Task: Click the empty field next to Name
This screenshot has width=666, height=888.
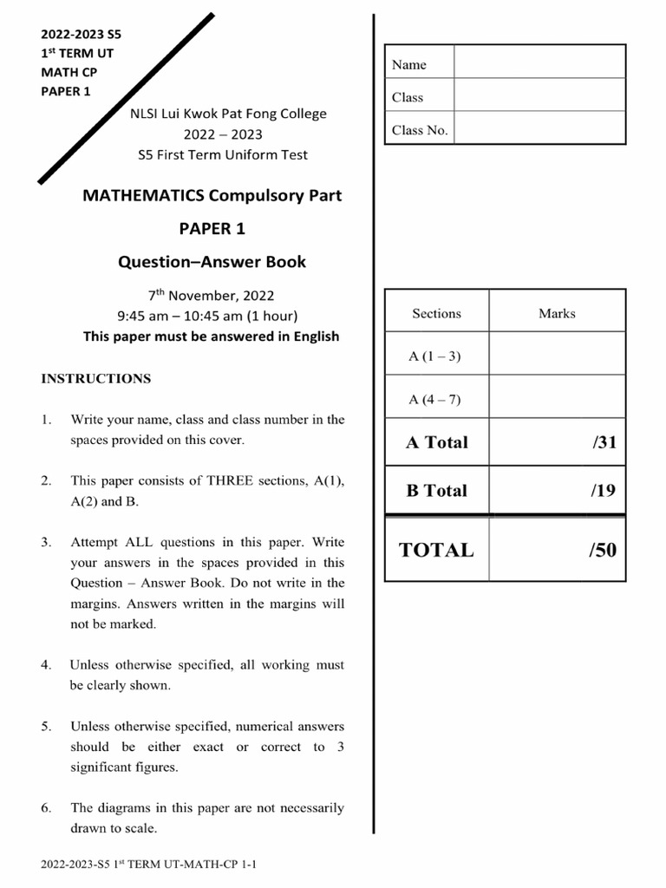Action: coord(539,62)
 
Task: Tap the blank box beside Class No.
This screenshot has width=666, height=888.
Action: coord(539,127)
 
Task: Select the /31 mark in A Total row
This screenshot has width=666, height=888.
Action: coord(604,442)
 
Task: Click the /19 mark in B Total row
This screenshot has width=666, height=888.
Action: coord(604,491)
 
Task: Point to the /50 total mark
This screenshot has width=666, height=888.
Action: coord(602,550)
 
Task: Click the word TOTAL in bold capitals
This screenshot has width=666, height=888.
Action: coord(436,550)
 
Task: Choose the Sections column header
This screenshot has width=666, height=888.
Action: coord(436,314)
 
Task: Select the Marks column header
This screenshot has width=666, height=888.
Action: coord(557,314)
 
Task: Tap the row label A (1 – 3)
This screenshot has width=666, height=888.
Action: coord(435,356)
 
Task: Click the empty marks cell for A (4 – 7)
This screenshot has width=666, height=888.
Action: coord(557,398)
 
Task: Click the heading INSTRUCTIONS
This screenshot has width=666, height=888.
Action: coord(96,379)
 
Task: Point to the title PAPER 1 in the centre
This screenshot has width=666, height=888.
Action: coord(212,229)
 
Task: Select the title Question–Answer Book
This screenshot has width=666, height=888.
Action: coord(212,262)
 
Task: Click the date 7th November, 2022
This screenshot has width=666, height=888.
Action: coord(212,296)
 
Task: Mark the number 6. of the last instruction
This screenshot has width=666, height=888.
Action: coord(47,808)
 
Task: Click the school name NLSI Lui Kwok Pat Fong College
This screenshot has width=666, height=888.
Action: coord(228,114)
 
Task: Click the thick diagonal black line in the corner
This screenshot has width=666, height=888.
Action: coord(127,99)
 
